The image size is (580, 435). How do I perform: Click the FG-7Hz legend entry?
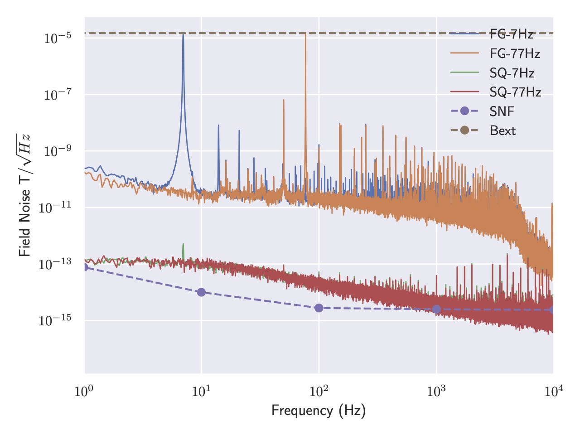[511, 34]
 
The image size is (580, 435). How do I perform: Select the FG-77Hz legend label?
[515, 53]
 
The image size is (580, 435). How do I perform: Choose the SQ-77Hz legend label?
[515, 92]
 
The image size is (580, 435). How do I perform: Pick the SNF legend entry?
[502, 111]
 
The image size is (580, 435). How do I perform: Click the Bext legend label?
[503, 131]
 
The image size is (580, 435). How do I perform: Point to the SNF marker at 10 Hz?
[201, 292]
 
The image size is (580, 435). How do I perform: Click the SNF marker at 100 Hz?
[319, 308]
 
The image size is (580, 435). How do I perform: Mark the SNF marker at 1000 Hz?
[436, 309]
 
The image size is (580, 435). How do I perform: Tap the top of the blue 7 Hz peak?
[183, 34]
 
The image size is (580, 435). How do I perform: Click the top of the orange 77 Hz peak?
[305, 34]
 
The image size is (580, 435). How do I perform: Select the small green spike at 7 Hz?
[183, 245]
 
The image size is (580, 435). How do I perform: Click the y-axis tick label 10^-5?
[58, 38]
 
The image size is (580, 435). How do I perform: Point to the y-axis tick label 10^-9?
[58, 151]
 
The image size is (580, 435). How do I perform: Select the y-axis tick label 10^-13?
[55, 264]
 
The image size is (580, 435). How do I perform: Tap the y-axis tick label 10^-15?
[55, 320]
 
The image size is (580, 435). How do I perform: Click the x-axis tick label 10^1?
[201, 390]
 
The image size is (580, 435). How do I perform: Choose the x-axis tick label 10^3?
[436, 390]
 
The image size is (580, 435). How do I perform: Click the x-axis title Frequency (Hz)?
[319, 411]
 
